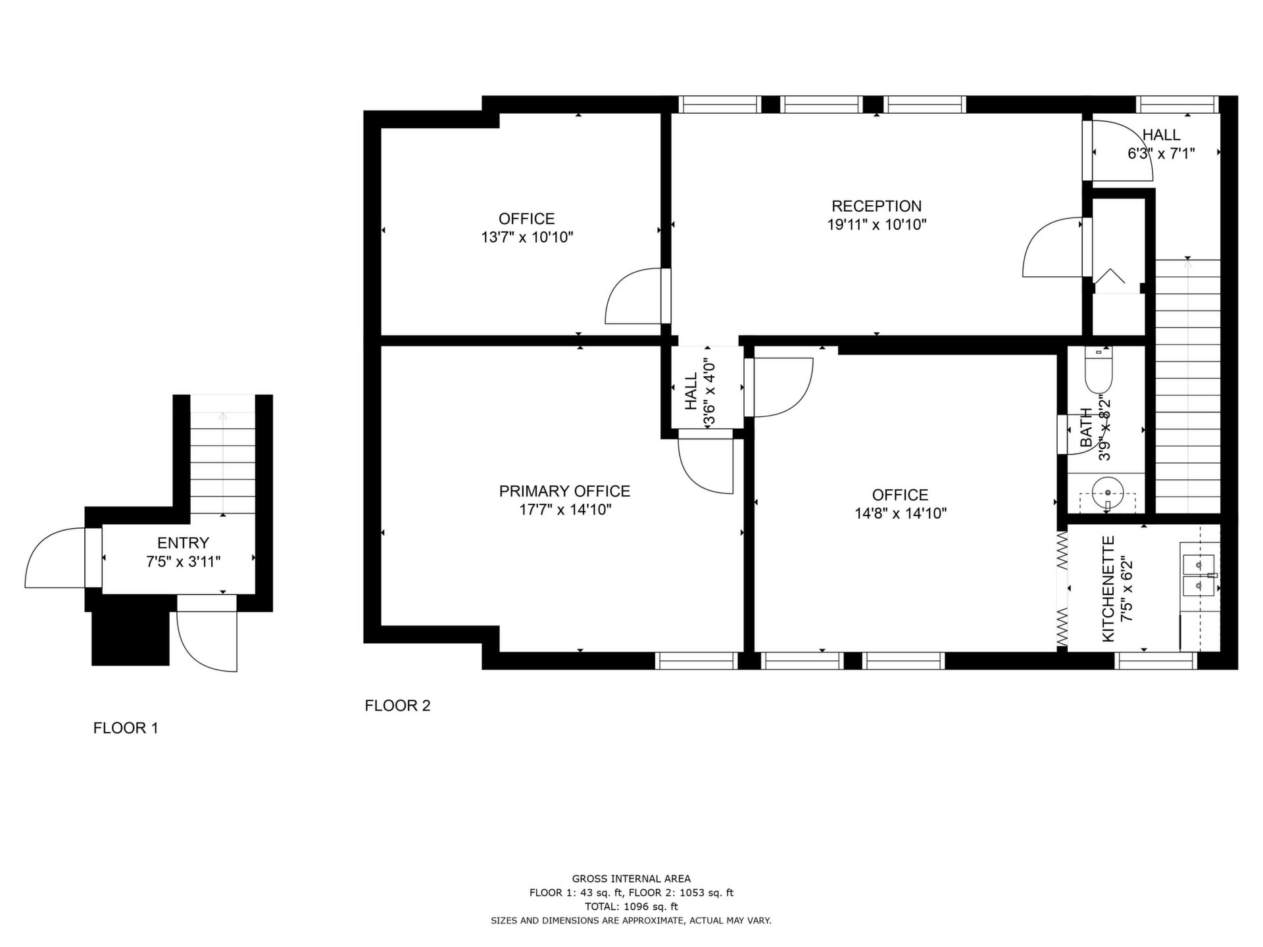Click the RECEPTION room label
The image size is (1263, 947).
coord(876,206)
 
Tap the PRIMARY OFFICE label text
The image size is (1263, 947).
coord(564,491)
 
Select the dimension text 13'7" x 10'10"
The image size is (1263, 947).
coord(527,237)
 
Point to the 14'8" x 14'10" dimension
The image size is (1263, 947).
coord(901,513)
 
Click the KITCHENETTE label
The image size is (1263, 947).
coord(1108,589)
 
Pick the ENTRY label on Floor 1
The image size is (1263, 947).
coord(183,543)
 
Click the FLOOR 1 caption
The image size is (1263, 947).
coord(126,728)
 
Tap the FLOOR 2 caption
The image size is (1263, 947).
coord(397,706)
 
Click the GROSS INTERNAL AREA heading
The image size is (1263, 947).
coord(631,879)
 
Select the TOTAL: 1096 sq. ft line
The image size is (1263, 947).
coord(631,906)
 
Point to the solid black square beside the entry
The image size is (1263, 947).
coord(130,639)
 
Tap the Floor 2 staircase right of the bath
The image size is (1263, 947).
coord(1188,386)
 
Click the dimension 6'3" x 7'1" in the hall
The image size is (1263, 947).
coord(1161,153)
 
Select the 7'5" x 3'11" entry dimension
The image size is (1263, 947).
coord(183,562)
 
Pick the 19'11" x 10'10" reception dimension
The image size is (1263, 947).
coord(876,224)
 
